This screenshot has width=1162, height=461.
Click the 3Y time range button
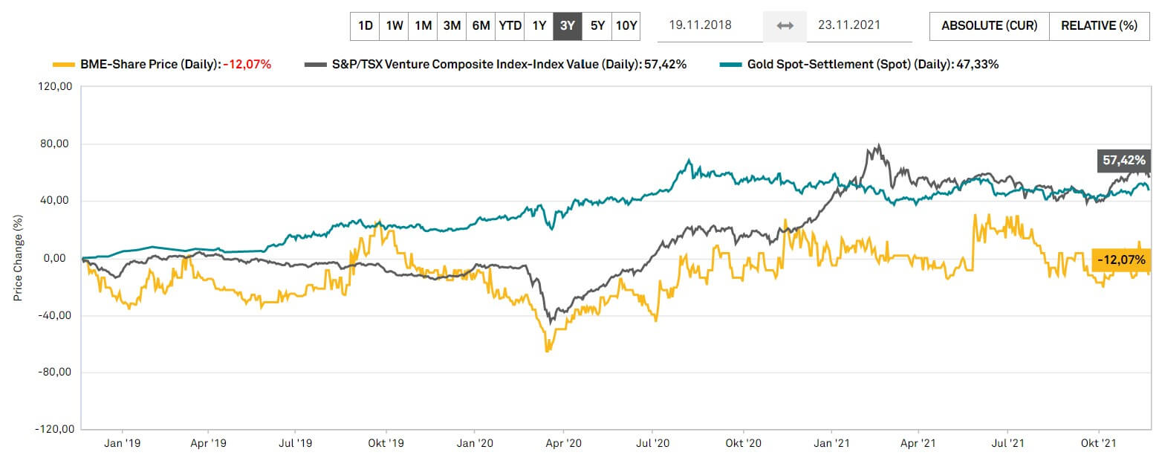tap(568, 25)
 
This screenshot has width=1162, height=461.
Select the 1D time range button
tap(365, 25)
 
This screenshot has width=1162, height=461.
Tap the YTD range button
tap(510, 25)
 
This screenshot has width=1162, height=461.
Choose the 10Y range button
tap(626, 25)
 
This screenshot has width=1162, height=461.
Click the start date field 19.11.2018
tap(700, 25)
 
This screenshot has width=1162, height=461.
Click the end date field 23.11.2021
tap(848, 25)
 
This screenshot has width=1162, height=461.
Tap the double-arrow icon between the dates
tap(785, 26)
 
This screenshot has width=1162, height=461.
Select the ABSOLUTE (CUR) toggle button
tap(989, 25)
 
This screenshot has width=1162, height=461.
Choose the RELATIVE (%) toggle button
tap(1099, 25)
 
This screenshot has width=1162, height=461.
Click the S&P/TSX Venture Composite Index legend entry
tap(472, 65)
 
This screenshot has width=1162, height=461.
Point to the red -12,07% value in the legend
tap(247, 65)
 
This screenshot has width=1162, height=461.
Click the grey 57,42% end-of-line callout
tap(1124, 160)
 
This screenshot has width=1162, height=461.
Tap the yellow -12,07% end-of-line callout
tap(1122, 260)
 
